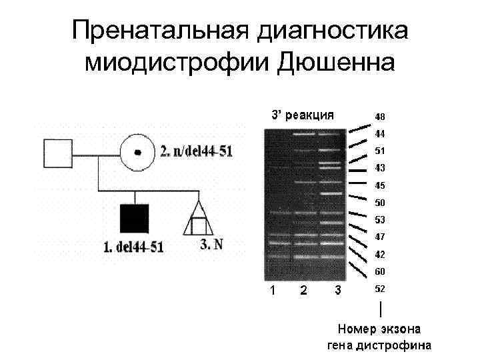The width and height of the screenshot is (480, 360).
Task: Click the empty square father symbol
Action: (x=58, y=153)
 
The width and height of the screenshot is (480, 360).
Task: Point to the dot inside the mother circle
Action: (x=138, y=153)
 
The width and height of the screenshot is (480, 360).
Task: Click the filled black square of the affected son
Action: (x=135, y=219)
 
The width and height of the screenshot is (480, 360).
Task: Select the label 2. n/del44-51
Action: (x=197, y=151)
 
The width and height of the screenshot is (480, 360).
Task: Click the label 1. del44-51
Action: (x=133, y=247)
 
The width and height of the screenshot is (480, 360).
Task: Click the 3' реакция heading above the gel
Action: (x=301, y=114)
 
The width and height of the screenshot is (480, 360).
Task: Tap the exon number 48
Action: (x=379, y=116)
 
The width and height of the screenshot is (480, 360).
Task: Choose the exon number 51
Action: (x=379, y=151)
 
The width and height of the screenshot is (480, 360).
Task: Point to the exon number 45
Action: (x=379, y=185)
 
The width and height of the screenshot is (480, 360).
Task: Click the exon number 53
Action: (x=379, y=220)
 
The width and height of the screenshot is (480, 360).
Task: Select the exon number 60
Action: (x=379, y=272)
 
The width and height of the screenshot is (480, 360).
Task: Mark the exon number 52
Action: (x=379, y=289)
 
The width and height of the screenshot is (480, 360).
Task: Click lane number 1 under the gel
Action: (x=271, y=290)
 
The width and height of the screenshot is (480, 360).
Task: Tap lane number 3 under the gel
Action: (x=337, y=290)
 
